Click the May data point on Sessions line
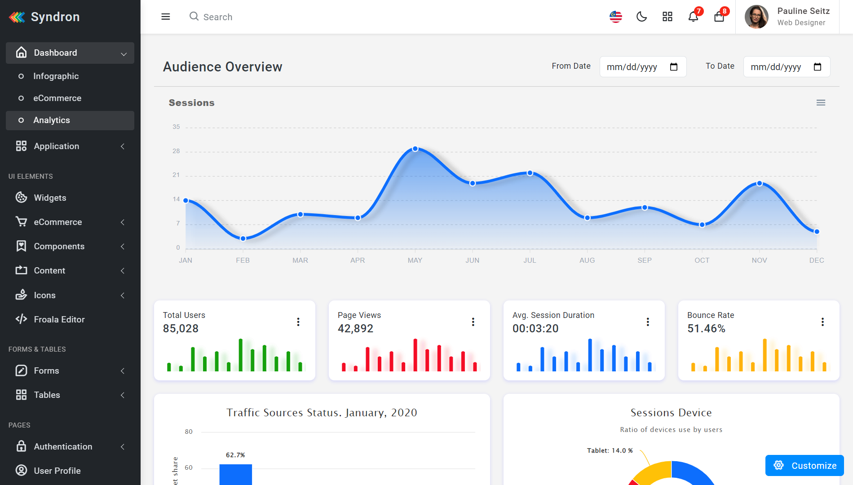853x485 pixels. [415, 149]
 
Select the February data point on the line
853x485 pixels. [243, 238]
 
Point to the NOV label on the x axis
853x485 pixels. [759, 260]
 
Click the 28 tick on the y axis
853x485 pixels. [176, 151]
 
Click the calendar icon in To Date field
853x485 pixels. [817, 67]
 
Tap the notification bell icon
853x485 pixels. [693, 17]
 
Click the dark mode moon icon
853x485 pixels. [641, 17]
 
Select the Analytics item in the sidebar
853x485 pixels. [52, 120]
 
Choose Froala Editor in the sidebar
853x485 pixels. [59, 320]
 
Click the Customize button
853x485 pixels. [804, 466]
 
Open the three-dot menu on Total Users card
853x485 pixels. [298, 322]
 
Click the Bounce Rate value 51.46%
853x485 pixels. [706, 329]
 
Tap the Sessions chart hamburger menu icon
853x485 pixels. [821, 103]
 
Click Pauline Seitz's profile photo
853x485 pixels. [756, 17]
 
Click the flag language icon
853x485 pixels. [616, 17]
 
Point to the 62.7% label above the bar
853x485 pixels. [235, 455]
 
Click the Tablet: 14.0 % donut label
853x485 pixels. [610, 450]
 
